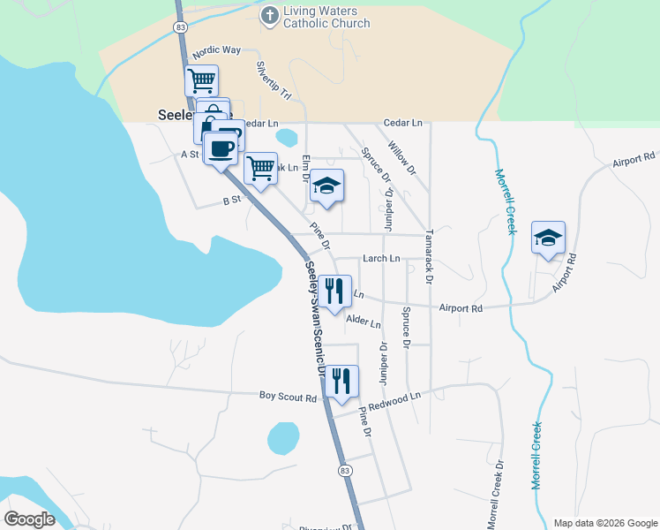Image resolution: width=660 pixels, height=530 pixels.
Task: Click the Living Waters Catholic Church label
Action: pos(326,17)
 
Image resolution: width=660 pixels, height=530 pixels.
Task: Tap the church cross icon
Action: pos(270,14)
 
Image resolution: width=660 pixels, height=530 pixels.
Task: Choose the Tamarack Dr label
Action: pos(429,257)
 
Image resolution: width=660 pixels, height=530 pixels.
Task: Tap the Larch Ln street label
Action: pos(382,259)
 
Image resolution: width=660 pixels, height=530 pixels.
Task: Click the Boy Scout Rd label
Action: pos(288,398)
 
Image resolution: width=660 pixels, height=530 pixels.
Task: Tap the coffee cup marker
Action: pos(221,148)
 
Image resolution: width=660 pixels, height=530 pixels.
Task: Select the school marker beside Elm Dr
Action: pos(326,185)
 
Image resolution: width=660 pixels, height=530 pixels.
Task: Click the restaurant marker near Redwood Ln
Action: pos(341,382)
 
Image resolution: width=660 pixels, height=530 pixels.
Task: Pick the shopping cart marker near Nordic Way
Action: pos(201,80)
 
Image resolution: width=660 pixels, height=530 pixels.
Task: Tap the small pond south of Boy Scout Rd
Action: pos(283,437)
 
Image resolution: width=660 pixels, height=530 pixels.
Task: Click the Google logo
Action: pos(30,519)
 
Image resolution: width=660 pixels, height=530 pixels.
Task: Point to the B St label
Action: pos(232,201)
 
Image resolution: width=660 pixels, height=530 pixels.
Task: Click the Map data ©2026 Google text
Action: pos(604,523)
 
